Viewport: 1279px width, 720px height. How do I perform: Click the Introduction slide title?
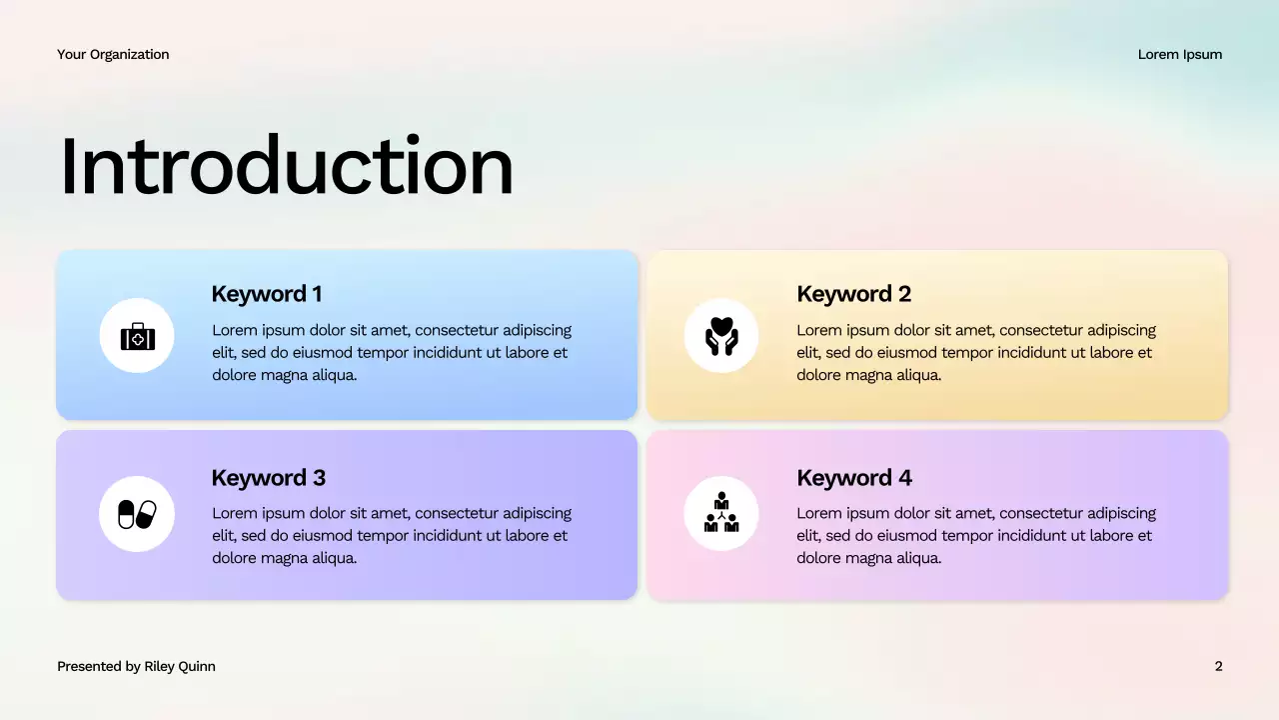click(286, 166)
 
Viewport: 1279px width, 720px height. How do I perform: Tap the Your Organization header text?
click(113, 54)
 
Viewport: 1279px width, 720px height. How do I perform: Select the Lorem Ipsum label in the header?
click(1179, 54)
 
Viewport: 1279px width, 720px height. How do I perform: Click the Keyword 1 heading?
click(267, 294)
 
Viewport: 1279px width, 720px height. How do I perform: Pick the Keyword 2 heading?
click(853, 294)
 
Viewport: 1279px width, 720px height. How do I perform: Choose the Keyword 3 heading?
click(268, 478)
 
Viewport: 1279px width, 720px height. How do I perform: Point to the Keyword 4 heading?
click(853, 478)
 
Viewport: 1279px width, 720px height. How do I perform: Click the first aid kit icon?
click(137, 337)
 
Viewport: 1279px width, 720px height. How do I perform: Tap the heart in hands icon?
click(720, 336)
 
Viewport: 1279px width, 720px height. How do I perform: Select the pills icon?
click(137, 514)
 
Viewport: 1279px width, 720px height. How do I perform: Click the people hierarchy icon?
click(720, 513)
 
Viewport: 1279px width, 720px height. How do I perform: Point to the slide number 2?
click(1218, 666)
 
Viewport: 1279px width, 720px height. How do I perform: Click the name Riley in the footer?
click(163, 666)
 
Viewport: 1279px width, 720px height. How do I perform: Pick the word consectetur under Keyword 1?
click(458, 330)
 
